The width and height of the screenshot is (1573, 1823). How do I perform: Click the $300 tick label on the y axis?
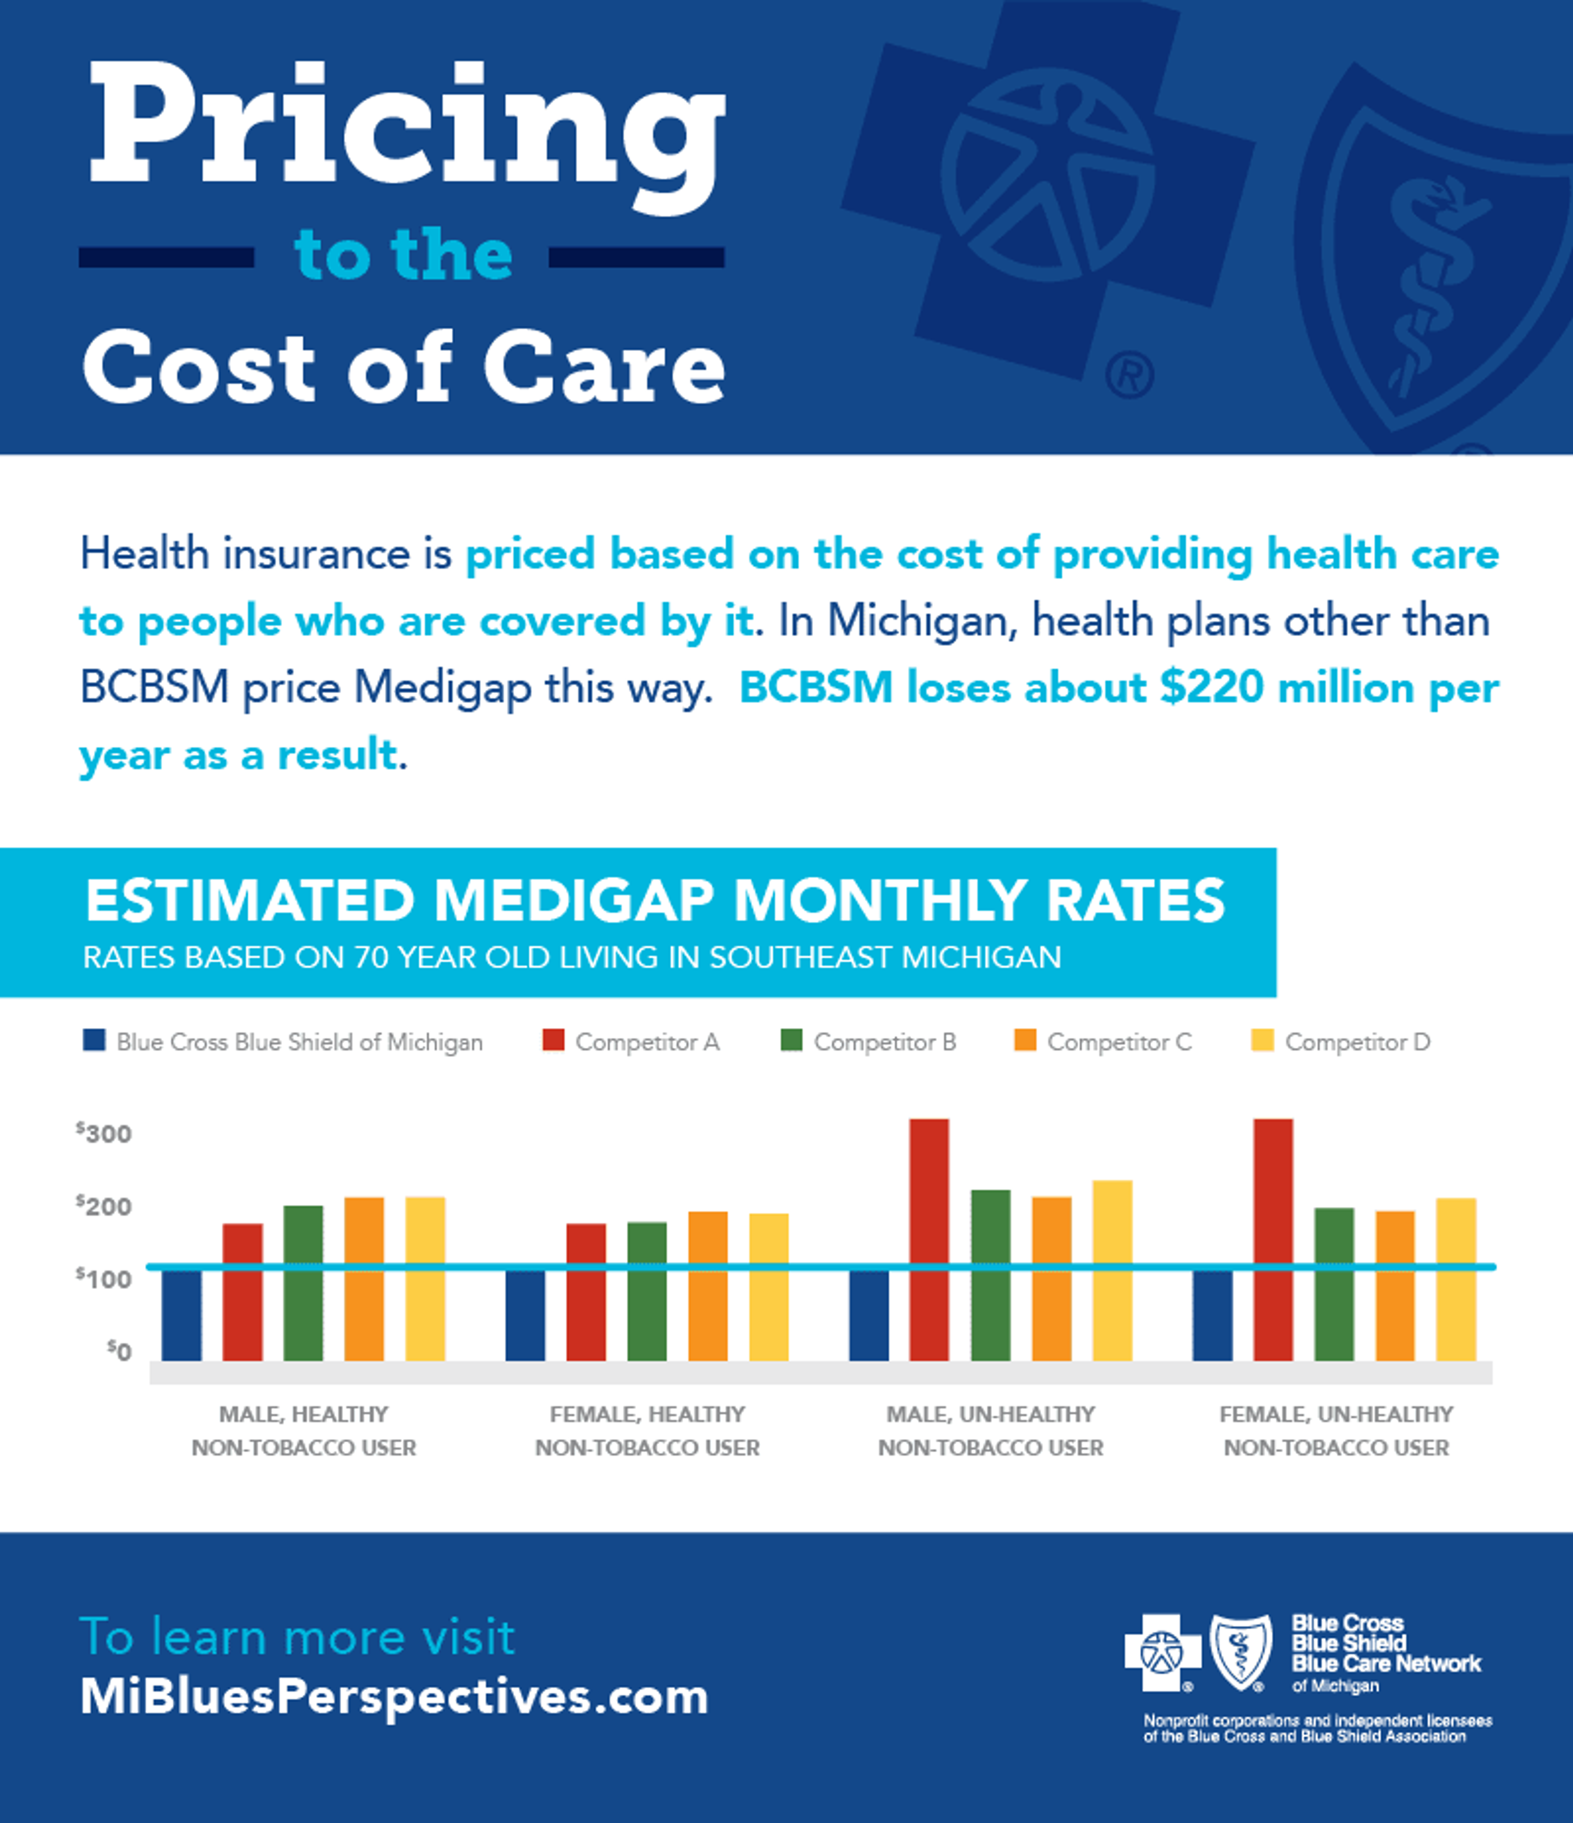click(x=104, y=1133)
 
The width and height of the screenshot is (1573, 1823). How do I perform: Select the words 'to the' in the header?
click(x=403, y=255)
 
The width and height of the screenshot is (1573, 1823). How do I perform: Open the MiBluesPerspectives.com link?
click(x=394, y=1696)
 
